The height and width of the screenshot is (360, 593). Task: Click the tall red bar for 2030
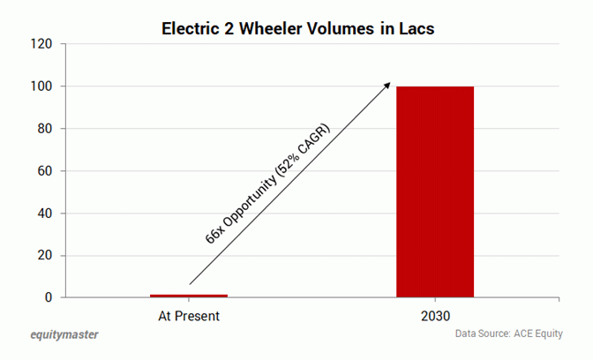coord(435,191)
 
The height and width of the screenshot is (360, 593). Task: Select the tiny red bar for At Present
coord(189,296)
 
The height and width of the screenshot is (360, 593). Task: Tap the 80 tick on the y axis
coord(46,129)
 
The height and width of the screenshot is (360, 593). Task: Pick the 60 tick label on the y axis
coord(46,171)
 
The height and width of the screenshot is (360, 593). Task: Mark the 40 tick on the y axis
coord(46,214)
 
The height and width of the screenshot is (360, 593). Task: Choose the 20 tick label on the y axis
coord(46,256)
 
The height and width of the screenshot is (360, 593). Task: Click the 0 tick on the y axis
coord(49,298)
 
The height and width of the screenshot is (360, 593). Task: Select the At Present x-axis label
coord(189,315)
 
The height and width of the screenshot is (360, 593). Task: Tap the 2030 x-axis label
coord(435,315)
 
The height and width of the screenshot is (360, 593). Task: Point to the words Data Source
coord(482,334)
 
